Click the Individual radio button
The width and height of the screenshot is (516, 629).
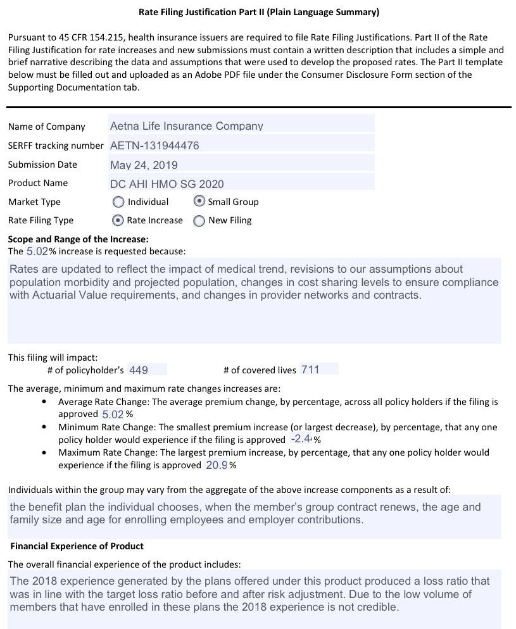(118, 202)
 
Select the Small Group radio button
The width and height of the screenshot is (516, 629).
(199, 201)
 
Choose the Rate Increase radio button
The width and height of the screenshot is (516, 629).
(117, 220)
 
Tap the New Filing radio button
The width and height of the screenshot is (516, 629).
(199, 221)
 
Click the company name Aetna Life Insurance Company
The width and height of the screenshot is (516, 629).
(186, 126)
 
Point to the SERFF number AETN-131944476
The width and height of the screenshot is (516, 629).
(154, 146)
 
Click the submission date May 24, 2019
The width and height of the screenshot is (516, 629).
(144, 165)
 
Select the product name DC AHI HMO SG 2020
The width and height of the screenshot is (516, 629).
(167, 184)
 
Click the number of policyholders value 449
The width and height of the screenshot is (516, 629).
(138, 370)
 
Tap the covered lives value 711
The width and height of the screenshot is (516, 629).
(310, 370)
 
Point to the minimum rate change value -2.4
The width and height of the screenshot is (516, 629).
(301, 439)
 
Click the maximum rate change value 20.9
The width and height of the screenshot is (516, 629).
(217, 465)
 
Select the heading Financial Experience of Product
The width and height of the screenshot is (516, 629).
(77, 546)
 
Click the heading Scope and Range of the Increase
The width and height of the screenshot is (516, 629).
(78, 239)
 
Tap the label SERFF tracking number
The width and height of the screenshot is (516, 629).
(56, 146)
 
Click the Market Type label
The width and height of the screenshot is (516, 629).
(34, 202)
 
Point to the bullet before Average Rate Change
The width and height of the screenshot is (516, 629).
(44, 402)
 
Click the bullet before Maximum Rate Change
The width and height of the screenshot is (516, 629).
(44, 452)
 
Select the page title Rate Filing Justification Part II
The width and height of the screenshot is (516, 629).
(258, 12)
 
